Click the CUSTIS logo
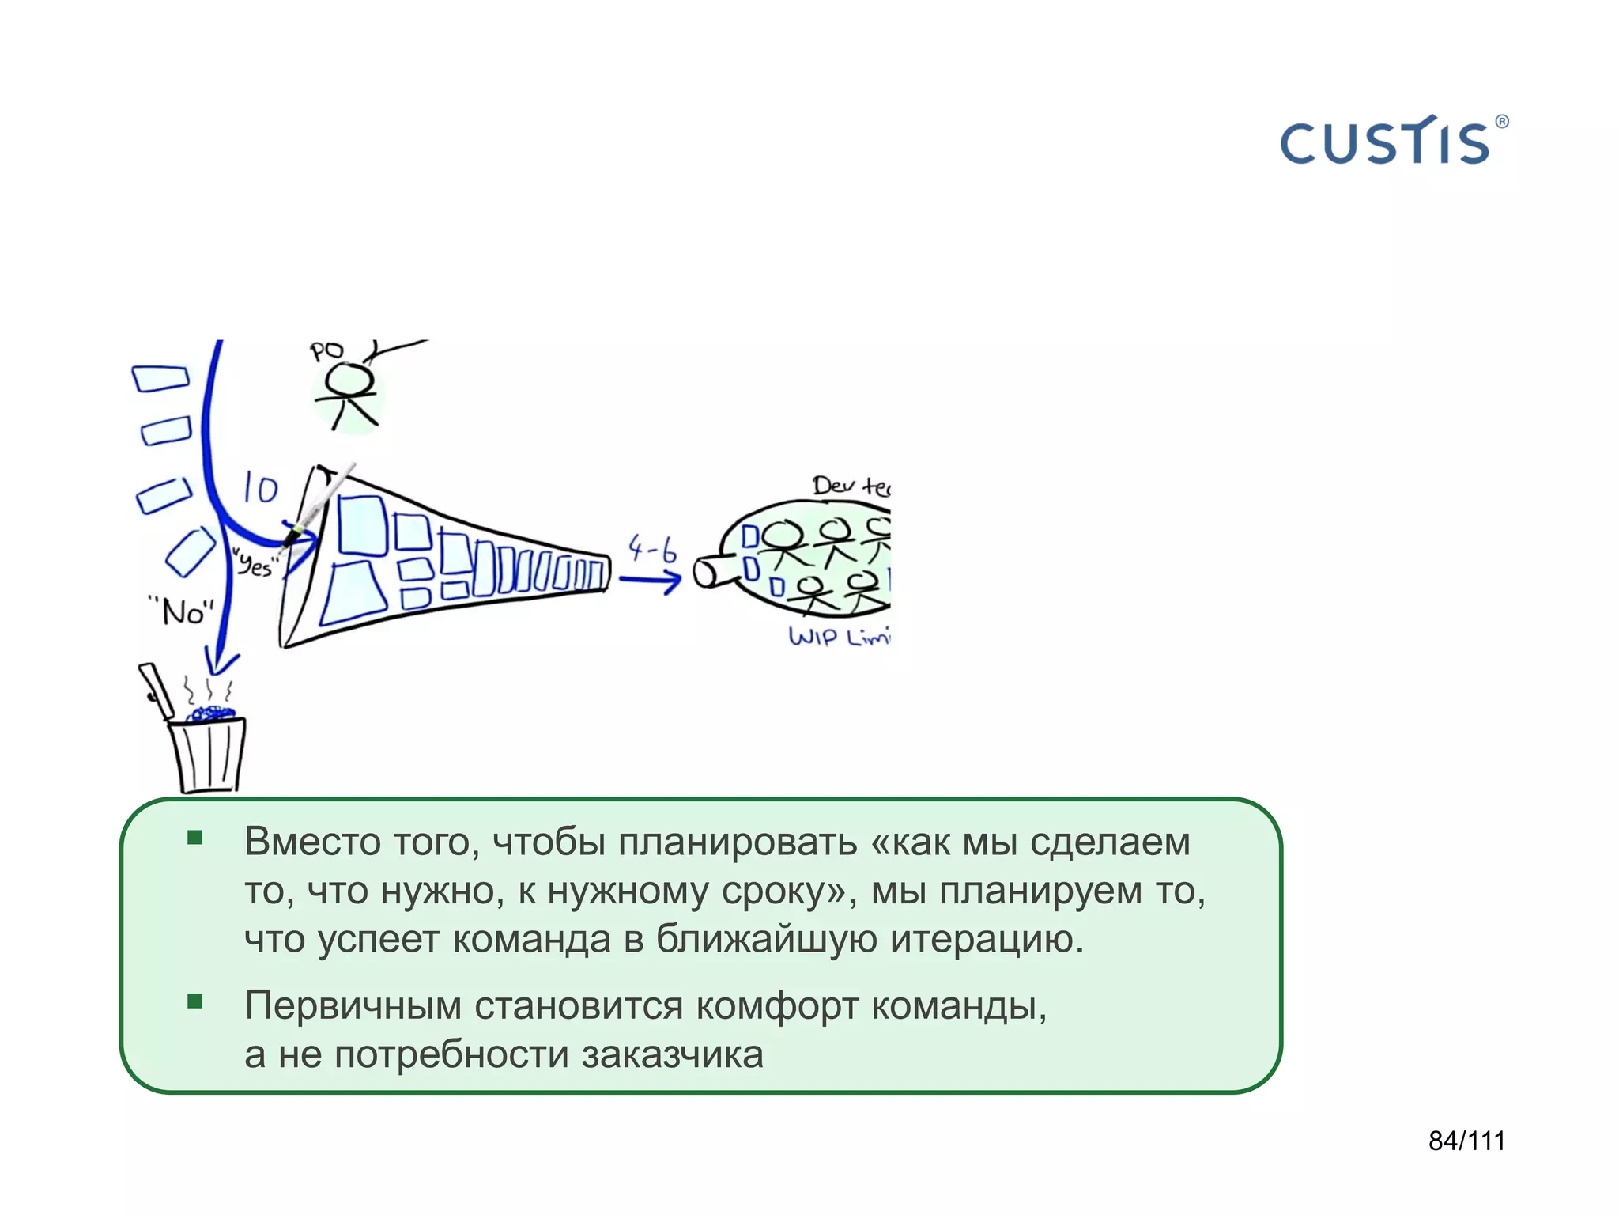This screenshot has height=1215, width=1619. [1385, 142]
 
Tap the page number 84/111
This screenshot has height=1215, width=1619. [1466, 1141]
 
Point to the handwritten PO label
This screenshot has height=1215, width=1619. [326, 350]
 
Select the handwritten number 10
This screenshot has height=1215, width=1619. [260, 488]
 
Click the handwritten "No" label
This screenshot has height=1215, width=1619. [183, 611]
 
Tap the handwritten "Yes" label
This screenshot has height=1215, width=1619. [255, 564]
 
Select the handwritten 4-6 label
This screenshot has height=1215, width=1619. [652, 547]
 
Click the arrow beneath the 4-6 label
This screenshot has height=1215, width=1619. [650, 581]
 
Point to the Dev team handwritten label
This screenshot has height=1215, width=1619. [851, 485]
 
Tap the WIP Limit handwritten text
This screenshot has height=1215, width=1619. [839, 636]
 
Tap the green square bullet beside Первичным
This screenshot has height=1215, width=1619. [195, 1002]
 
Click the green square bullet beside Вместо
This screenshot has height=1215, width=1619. [195, 838]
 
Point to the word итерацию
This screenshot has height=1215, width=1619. [987, 940]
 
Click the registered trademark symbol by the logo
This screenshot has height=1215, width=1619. [1502, 122]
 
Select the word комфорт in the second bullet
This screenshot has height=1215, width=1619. [777, 1006]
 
